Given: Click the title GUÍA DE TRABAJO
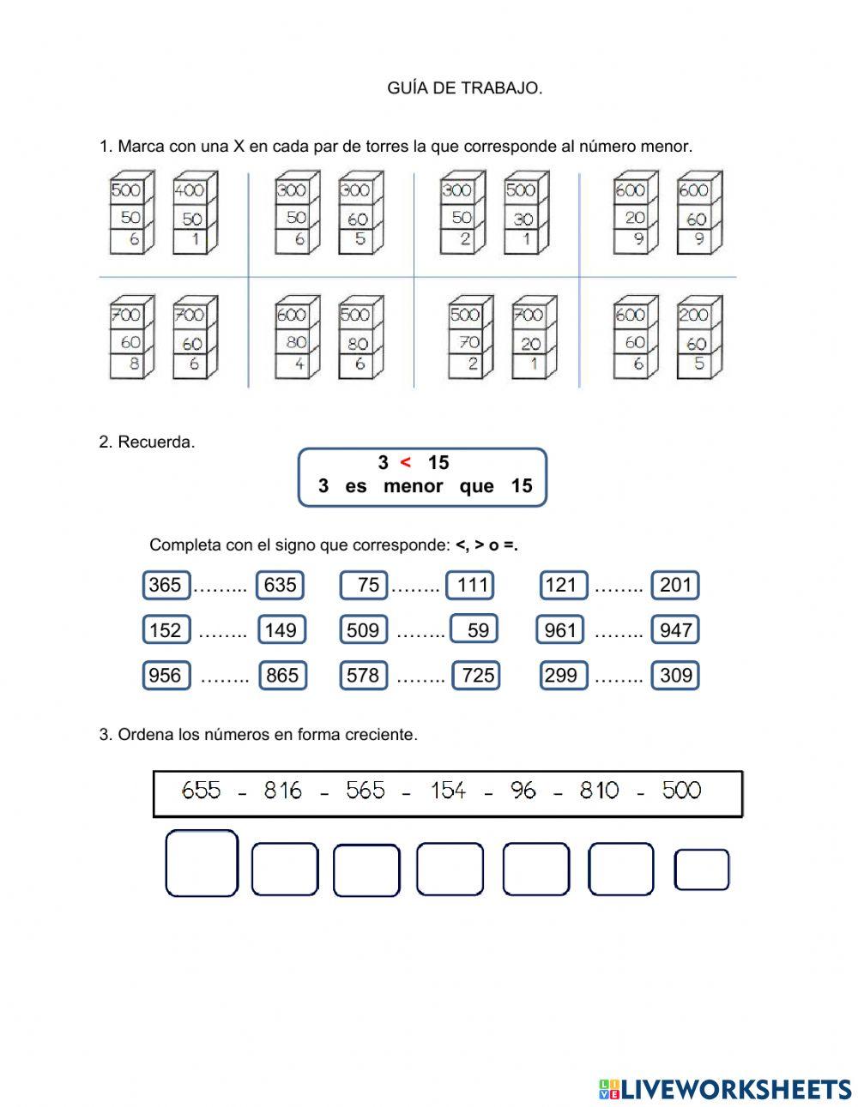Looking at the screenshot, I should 464,88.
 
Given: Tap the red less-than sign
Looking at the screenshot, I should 406,463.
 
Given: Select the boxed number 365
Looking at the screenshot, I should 166,585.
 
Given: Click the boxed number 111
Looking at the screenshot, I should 471,585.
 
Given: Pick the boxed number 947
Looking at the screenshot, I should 675,630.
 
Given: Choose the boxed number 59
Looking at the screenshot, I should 475,630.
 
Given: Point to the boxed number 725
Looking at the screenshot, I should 477,676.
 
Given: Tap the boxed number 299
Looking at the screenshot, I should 561,676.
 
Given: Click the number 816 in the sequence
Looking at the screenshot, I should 283,790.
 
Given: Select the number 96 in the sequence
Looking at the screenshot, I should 523,790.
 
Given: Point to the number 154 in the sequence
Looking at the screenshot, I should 448,790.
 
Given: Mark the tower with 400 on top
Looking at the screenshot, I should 195,214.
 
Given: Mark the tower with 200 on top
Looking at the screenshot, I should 699,338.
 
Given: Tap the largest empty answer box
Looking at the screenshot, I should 202,863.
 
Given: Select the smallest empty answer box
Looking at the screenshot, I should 702,870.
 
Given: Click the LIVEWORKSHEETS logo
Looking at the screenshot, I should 725,1089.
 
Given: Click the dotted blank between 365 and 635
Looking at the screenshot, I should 221,587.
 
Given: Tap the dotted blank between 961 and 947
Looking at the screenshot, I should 618,633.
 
